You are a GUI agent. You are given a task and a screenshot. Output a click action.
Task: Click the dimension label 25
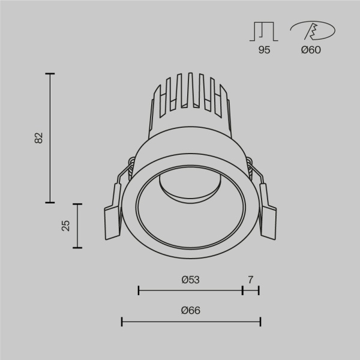pos(66,226)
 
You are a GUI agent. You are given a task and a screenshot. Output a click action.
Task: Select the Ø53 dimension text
pos(190,280)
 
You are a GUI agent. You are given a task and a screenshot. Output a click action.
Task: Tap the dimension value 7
pos(251,280)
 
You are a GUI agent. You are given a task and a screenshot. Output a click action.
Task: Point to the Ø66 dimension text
pos(190,311)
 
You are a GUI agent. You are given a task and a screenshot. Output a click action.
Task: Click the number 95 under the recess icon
pos(264,50)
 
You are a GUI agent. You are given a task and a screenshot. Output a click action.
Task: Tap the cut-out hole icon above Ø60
pos(312,31)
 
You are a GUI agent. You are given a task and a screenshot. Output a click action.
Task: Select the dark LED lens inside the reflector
pos(190,190)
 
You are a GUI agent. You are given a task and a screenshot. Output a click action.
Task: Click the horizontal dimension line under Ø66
pos(190,322)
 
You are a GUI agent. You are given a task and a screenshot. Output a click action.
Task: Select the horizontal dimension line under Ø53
pos(190,291)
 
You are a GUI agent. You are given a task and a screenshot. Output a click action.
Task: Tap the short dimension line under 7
pos(251,291)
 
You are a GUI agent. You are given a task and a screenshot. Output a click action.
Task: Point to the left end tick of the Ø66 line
pos(122,322)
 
